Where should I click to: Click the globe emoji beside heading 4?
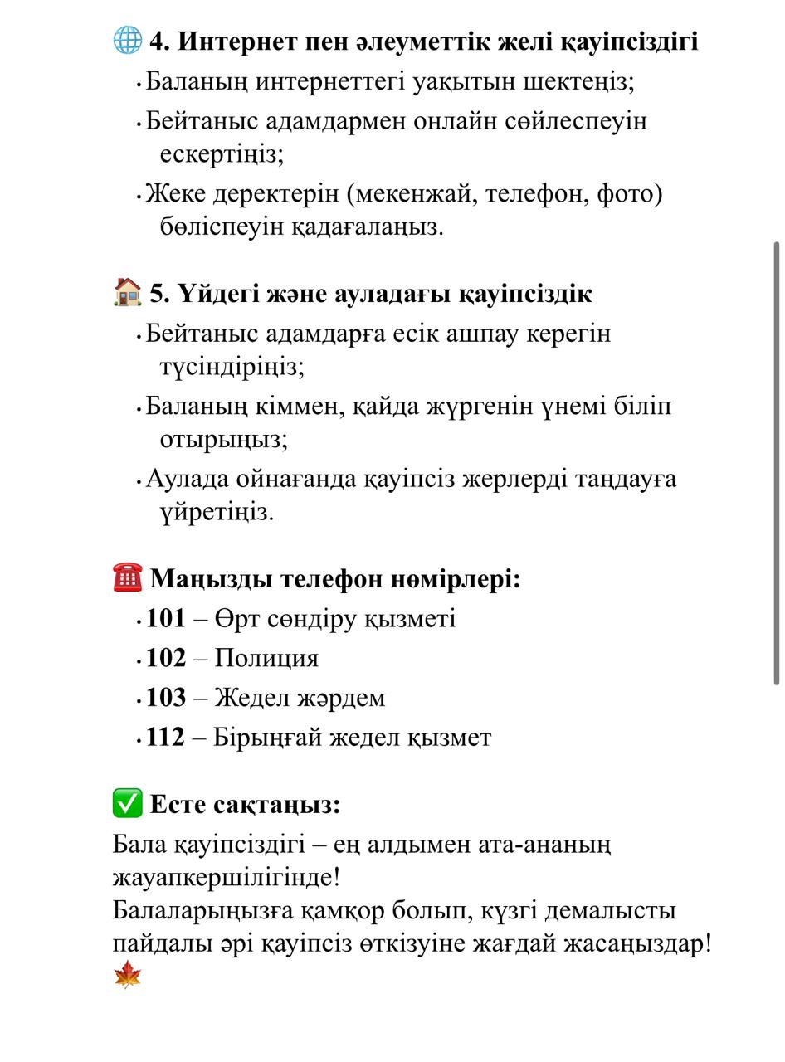tap(127, 40)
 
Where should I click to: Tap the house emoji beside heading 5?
tap(127, 292)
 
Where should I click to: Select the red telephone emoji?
tap(127, 577)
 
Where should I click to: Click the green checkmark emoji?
tap(127, 803)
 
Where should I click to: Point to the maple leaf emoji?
tap(127, 974)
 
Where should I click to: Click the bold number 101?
tap(165, 619)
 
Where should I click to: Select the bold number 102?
tap(165, 659)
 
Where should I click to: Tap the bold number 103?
tap(165, 699)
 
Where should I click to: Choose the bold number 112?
tap(165, 738)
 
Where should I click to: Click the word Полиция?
tap(266, 659)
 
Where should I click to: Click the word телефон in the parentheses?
tap(536, 194)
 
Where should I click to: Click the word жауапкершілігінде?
tap(226, 877)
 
